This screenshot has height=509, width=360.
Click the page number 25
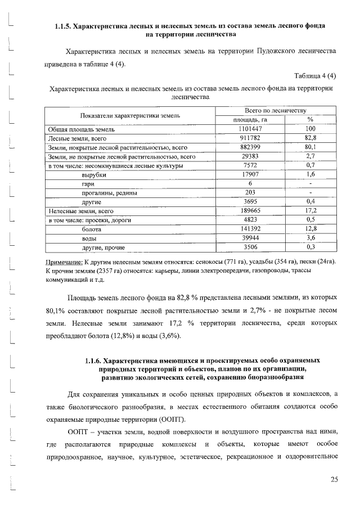[x=334, y=479]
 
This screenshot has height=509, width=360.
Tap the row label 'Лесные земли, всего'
[x=77, y=137]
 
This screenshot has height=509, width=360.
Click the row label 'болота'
[x=92, y=229]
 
